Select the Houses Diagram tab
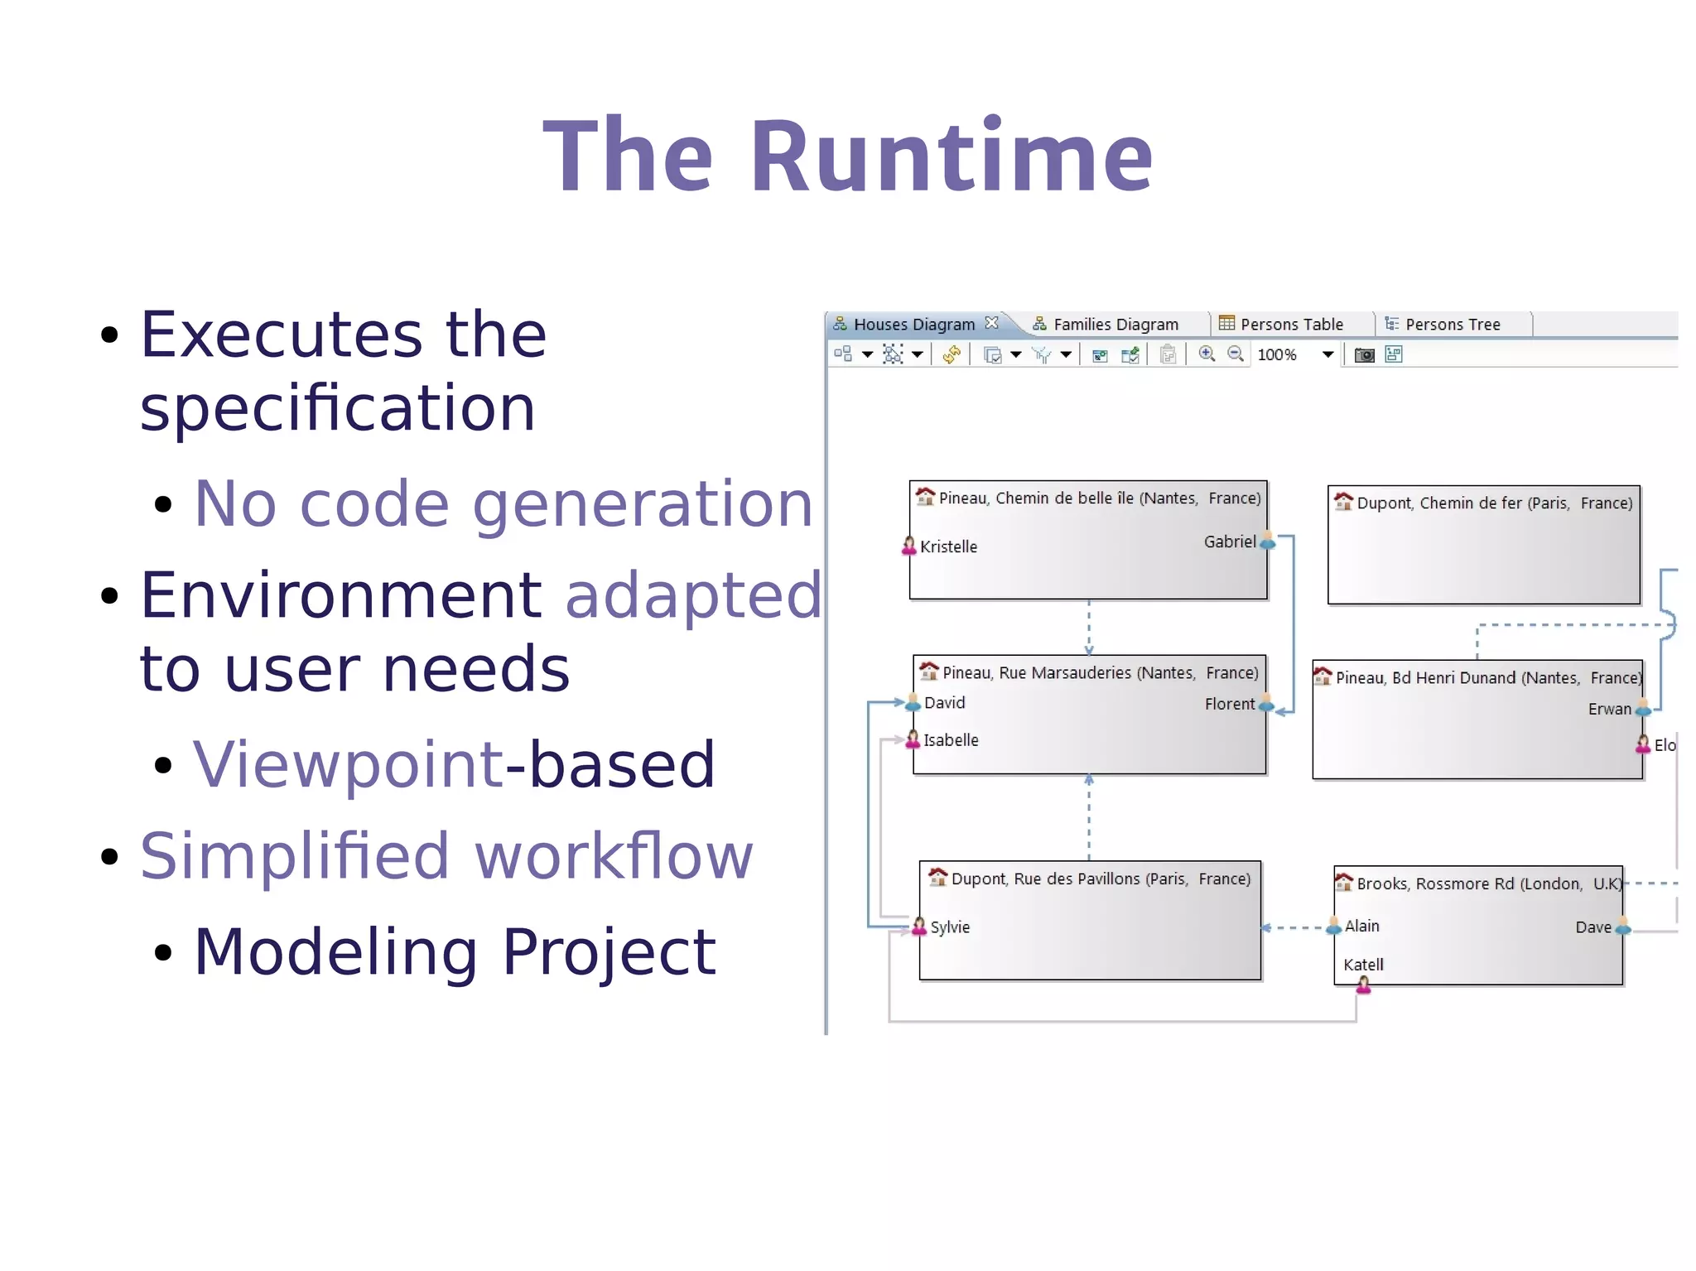tap(913, 325)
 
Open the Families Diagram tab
tap(1115, 325)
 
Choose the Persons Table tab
tap(1291, 325)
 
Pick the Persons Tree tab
tap(1452, 325)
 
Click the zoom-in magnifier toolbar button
tap(1207, 354)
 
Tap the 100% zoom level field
tap(1277, 355)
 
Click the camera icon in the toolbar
tap(1364, 355)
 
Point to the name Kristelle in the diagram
tap(948, 547)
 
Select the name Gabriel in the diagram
tap(1229, 542)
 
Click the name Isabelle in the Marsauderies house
tap(951, 740)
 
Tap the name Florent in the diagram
tap(1229, 705)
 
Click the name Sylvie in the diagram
tap(949, 927)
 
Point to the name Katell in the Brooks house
tap(1363, 965)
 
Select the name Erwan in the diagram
tap(1608, 710)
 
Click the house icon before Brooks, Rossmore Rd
tap(1343, 883)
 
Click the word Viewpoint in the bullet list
tap(348, 764)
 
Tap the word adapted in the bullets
tap(692, 595)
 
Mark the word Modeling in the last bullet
tap(336, 951)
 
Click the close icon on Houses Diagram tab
tap(991, 323)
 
